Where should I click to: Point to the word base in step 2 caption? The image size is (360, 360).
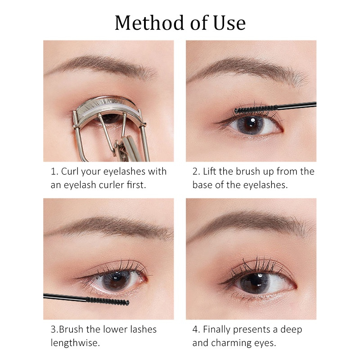[205, 185]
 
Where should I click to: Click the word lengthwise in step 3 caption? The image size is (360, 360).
[74, 343]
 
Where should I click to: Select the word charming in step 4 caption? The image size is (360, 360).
[238, 343]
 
